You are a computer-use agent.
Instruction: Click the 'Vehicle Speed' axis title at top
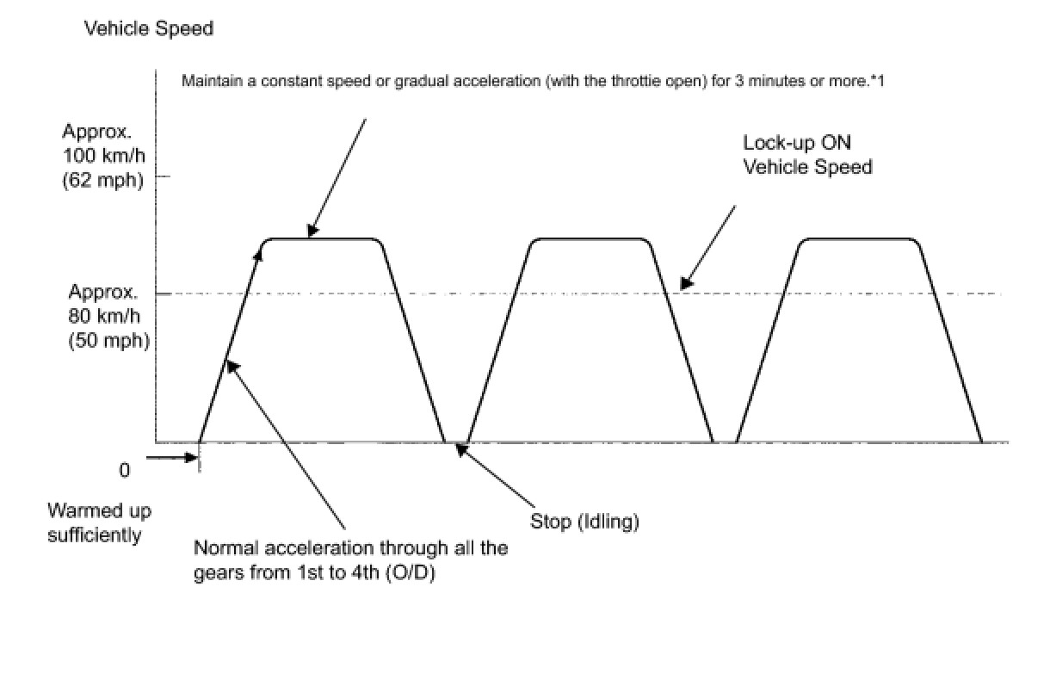point(148,28)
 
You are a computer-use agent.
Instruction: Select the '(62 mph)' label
point(102,181)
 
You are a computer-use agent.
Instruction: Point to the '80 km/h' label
point(108,315)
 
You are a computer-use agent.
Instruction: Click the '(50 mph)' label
point(108,340)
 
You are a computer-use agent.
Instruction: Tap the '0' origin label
point(125,470)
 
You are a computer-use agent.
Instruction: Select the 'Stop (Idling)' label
point(585,522)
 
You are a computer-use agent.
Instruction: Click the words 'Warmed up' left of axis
point(99,510)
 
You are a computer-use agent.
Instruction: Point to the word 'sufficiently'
point(95,534)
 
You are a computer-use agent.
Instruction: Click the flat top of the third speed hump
point(859,238)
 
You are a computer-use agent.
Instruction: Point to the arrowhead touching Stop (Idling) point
point(460,448)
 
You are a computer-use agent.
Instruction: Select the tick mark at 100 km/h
point(163,176)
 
